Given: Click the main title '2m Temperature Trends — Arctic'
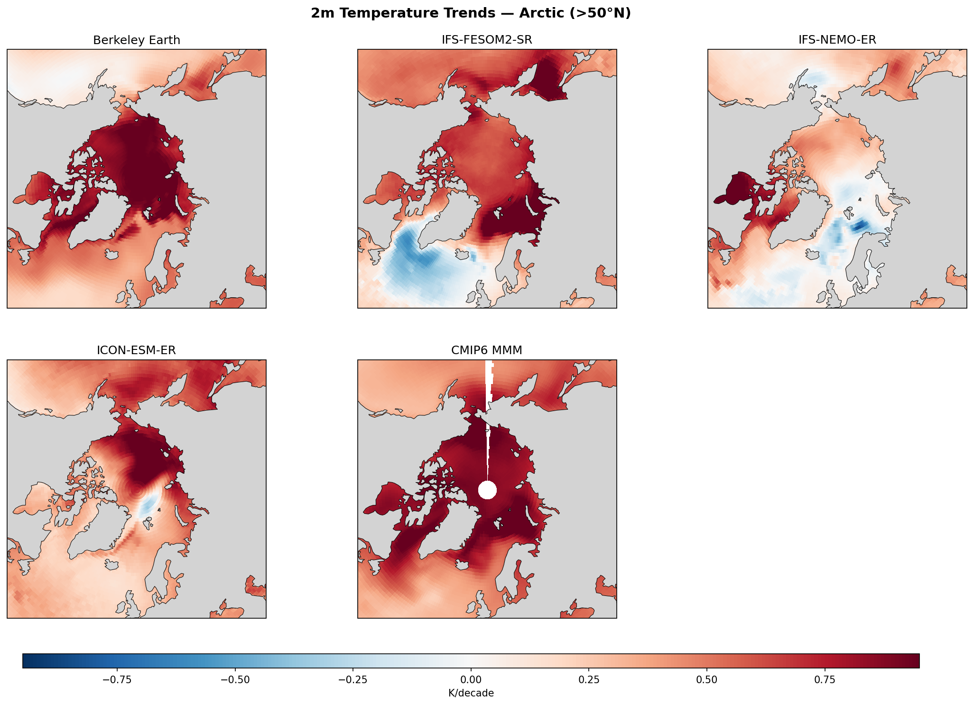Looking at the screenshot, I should point(471,13).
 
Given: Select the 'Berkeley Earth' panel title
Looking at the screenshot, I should point(137,40).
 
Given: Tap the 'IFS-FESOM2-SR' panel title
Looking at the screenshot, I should point(487,40).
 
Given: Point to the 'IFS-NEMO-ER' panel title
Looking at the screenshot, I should point(837,40).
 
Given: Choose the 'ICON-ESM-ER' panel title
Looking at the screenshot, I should point(137,350).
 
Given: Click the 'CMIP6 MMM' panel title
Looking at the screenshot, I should point(487,350).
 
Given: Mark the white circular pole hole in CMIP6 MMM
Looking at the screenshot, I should point(487,490).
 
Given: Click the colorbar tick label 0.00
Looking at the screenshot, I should point(471,679).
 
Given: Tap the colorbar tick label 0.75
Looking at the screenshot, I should point(825,679).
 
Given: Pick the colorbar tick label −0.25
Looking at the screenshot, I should point(352,679).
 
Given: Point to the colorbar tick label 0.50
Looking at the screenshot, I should point(707,679).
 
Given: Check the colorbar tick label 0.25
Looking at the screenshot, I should point(589,679).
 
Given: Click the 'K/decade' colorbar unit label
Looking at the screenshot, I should point(471,693).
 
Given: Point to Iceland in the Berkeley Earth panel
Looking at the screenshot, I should point(111,255).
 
